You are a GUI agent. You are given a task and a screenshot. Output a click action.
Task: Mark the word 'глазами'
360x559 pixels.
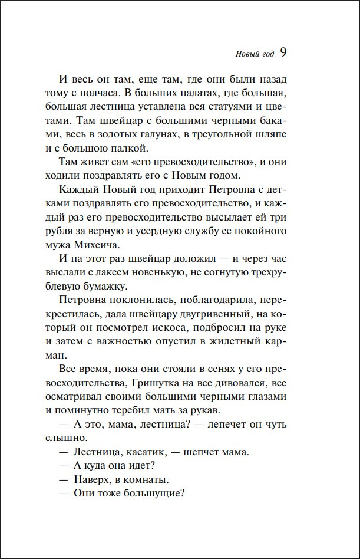pyautogui.click(x=268, y=398)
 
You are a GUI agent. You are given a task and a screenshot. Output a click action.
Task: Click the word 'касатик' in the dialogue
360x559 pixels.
pyautogui.click(x=141, y=453)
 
